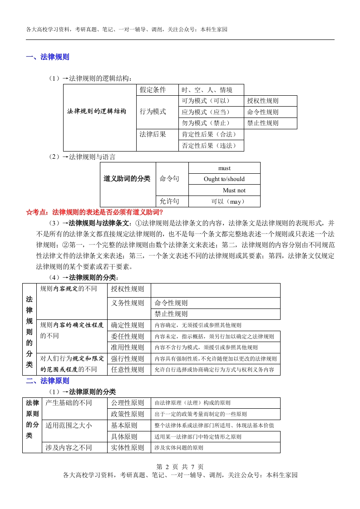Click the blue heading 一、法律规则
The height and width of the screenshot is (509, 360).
[x=48, y=57]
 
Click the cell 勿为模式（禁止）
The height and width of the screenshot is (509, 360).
[x=206, y=123]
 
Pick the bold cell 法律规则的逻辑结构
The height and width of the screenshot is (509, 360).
[x=97, y=112]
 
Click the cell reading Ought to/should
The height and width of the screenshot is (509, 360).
[x=224, y=179]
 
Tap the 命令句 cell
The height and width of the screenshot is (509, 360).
[x=169, y=179]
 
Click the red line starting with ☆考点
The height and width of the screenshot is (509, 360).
[x=94, y=212]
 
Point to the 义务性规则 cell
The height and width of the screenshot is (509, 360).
[x=128, y=303]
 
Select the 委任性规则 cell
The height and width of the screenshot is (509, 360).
[x=128, y=337]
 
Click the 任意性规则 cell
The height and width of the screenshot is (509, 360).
[x=128, y=370]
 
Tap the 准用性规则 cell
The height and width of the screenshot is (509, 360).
[x=128, y=347]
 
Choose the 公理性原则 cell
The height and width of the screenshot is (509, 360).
[x=128, y=403]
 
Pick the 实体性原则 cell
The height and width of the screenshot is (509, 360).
[x=128, y=448]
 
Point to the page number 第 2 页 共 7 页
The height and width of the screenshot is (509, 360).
[x=180, y=467]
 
